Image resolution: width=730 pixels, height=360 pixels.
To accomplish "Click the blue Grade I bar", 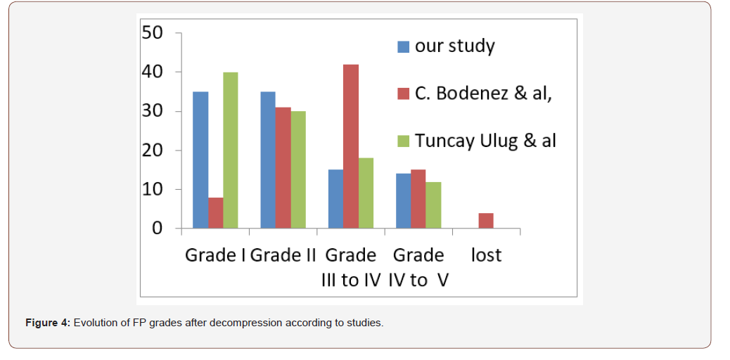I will coord(200,160).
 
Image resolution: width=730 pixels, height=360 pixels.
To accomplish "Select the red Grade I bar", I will coord(215,212).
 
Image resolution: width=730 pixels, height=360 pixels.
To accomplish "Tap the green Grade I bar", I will coord(230,150).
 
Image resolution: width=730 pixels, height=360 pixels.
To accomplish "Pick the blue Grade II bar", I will coord(268,160).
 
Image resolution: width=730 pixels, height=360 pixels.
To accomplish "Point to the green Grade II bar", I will coord(298,169).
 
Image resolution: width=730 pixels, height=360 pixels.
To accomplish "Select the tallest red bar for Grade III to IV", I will coord(350,146).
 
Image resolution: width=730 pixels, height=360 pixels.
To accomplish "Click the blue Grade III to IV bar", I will coord(335,199).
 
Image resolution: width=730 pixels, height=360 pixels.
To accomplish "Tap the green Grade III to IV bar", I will coord(366,193).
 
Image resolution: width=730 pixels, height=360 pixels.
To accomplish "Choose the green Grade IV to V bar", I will coord(433,205).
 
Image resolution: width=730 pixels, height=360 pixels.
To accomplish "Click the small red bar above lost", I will coord(486,221).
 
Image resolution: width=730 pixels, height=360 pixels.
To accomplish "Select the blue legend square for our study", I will coord(404,47).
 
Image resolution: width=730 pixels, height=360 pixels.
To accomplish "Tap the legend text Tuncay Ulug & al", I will coord(485,140).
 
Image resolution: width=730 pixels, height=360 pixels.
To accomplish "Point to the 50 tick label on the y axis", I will coord(153,33).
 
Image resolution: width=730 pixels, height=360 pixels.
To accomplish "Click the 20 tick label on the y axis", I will coord(153,150).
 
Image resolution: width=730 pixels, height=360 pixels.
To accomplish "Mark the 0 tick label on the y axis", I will coord(157,229).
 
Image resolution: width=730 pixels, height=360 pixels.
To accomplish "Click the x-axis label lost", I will coord(486,255).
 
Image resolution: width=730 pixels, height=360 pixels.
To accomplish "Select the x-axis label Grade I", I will coord(215,255).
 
